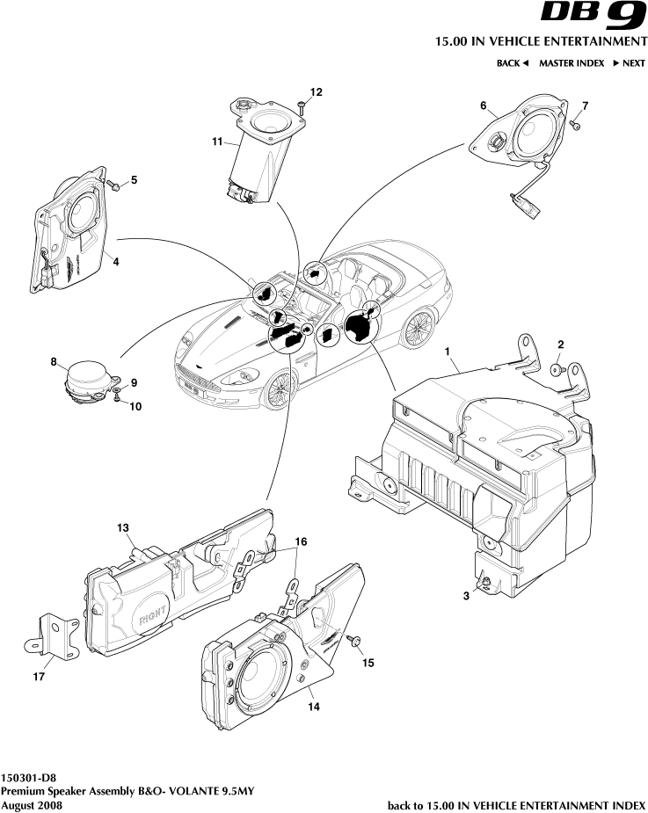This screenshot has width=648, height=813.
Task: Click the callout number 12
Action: pos(316,91)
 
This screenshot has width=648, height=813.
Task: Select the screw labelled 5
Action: pos(114,185)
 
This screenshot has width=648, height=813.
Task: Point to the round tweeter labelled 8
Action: pos(89,379)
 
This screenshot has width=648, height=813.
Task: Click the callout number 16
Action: pos(301,542)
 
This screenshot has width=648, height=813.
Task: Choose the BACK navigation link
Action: pos(513,63)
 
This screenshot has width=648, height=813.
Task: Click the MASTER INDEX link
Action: pos(572,63)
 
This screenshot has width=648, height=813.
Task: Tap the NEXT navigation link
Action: pos(630,63)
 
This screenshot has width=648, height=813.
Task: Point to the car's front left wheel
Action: pos(281,388)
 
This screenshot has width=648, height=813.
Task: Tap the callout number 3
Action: pos(467,595)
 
